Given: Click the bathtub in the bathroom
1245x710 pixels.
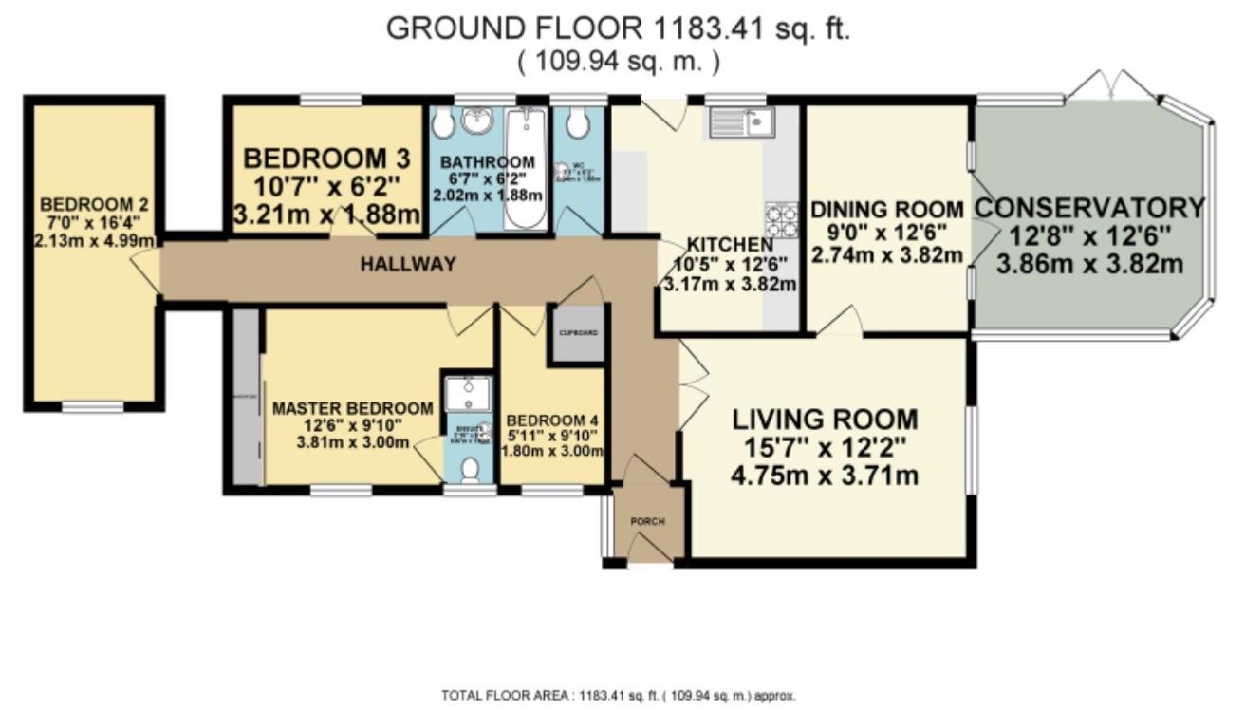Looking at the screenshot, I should click(524, 169).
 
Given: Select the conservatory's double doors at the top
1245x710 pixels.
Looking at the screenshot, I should click(1111, 87).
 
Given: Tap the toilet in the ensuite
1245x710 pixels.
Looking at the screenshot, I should click(469, 468).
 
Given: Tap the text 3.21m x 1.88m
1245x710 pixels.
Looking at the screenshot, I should click(326, 216).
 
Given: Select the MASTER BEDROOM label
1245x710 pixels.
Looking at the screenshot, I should click(352, 408).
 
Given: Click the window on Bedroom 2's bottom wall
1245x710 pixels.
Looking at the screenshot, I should click(92, 407).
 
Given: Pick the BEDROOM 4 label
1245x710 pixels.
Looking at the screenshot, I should click(552, 420).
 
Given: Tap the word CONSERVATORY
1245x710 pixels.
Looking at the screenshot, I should click(1090, 207).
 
